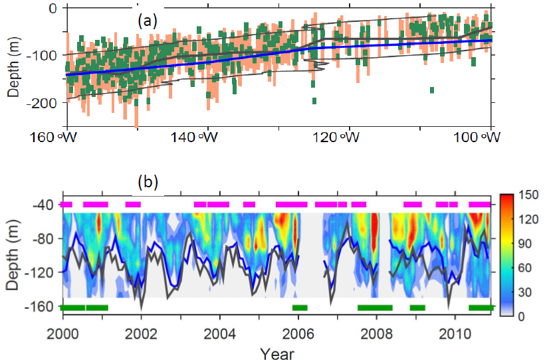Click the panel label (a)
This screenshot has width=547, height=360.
click(x=148, y=21)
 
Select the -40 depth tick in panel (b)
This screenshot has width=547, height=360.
click(x=42, y=205)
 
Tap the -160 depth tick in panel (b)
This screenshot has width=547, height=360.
click(x=39, y=307)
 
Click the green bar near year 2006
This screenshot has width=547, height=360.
click(x=300, y=308)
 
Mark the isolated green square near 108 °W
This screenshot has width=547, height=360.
click(x=432, y=90)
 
